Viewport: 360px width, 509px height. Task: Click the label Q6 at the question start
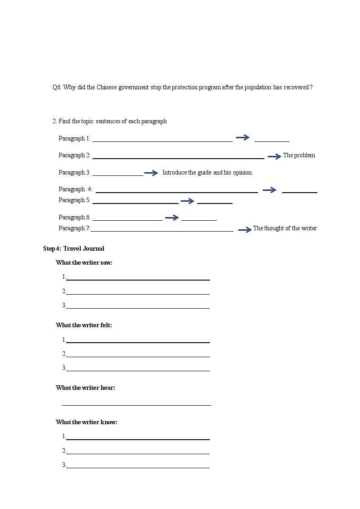coord(57,87)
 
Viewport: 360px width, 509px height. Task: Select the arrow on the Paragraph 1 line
coord(243,138)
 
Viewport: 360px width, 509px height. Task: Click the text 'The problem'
coord(299,155)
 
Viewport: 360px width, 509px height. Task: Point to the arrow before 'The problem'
coord(274,156)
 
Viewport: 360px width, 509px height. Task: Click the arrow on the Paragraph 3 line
coord(151,173)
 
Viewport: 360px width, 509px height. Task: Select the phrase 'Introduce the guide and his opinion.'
coord(207,173)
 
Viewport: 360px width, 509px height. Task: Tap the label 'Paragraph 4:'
coord(75,189)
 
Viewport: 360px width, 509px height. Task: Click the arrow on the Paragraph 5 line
coord(187,201)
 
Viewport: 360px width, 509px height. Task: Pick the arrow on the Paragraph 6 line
coord(172,218)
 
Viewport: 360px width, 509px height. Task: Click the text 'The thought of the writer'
coord(285,228)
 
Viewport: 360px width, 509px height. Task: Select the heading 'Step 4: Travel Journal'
coord(73,248)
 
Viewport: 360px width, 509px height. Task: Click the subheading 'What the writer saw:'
coord(84,262)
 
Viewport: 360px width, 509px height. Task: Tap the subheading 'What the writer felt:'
coord(83,325)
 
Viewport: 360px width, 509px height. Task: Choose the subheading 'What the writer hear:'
coord(85,388)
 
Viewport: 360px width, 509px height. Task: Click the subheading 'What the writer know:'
coord(86,422)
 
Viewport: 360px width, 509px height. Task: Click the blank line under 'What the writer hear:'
coord(136,404)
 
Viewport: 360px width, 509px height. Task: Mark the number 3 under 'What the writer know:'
coord(64,465)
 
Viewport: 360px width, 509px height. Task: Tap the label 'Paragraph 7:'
coord(74,228)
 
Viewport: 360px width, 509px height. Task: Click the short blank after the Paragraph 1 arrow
coord(272,141)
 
